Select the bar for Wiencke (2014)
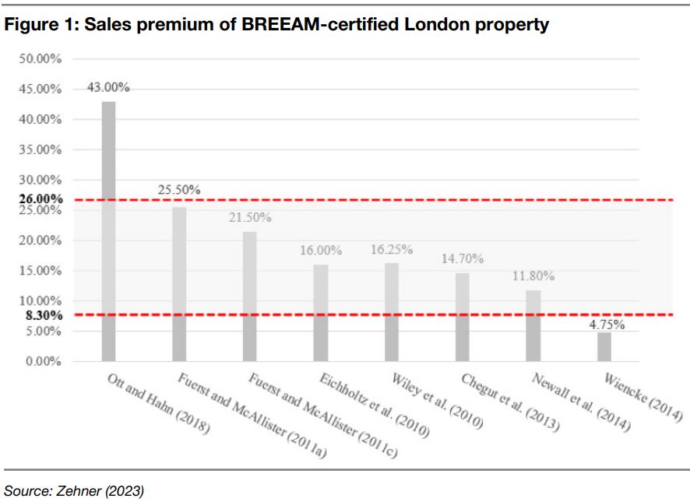click(604, 347)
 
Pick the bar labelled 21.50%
click(250, 296)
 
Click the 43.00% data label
click(108, 88)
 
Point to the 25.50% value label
click(179, 190)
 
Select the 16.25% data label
click(391, 250)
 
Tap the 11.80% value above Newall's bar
click(533, 276)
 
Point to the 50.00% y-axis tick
click(40, 59)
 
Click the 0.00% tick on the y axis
click(43, 362)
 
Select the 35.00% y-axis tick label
click(40, 149)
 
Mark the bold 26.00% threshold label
click(40, 199)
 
